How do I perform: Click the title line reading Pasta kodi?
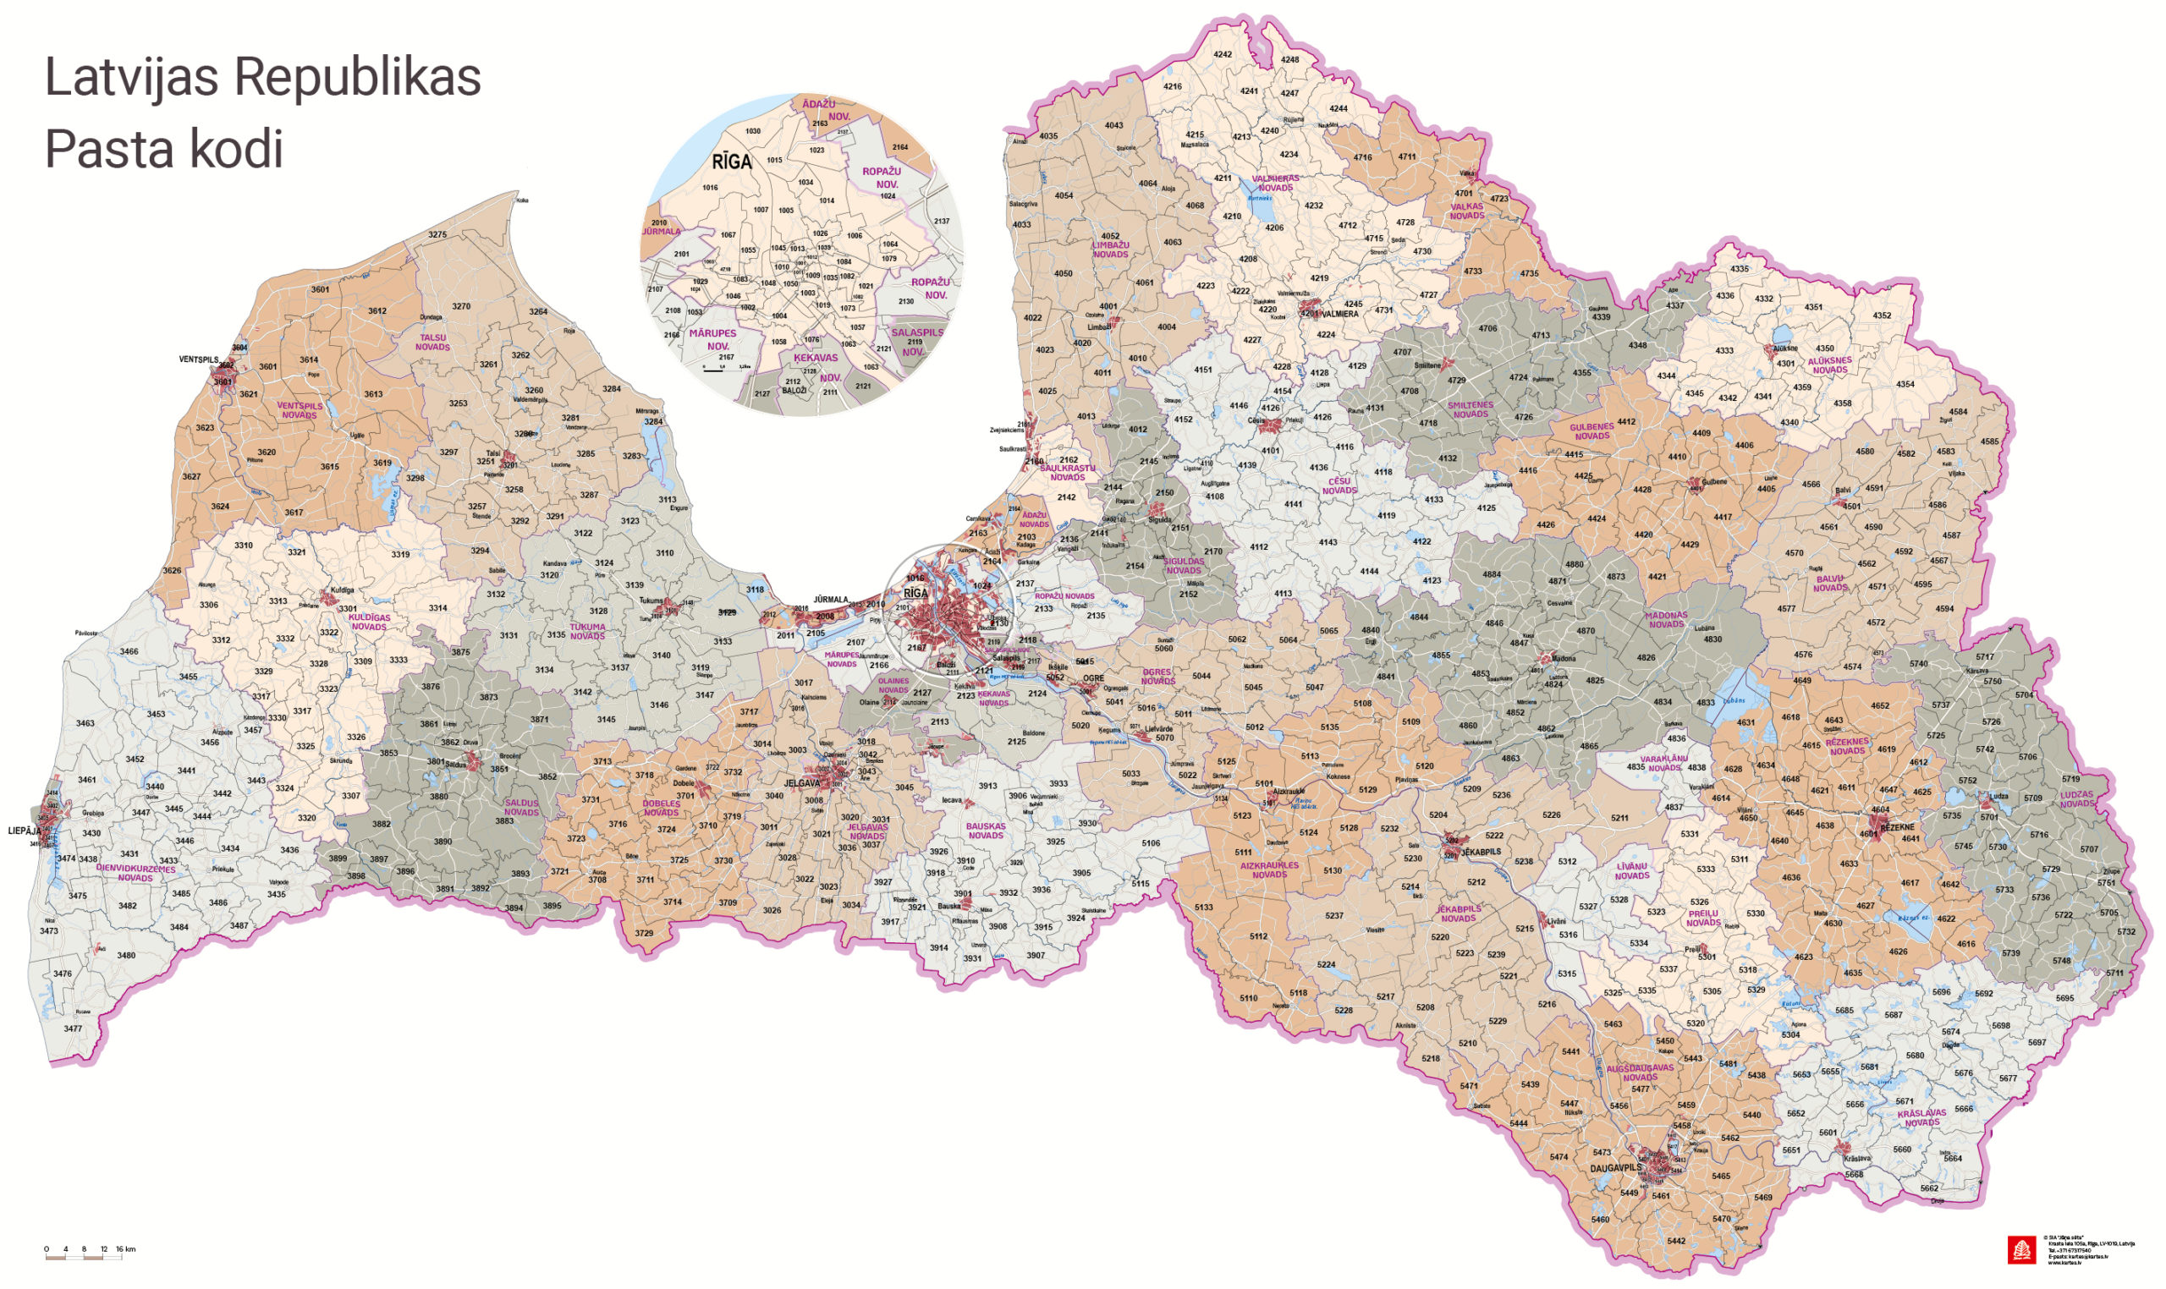tap(164, 149)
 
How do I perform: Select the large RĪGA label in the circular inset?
tap(732, 162)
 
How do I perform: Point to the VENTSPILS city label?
tap(199, 359)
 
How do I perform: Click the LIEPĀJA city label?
tap(25, 831)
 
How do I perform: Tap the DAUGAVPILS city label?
tap(1615, 1168)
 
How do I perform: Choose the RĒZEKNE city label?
tap(1898, 828)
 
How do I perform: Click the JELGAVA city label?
tap(801, 783)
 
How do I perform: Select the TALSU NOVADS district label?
tap(432, 343)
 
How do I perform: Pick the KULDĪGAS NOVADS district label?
tap(369, 622)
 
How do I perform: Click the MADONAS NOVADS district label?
tap(1666, 619)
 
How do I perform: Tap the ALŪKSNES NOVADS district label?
tap(1829, 365)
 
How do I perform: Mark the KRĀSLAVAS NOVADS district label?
tap(1921, 1118)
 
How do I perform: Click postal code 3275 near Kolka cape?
tap(437, 234)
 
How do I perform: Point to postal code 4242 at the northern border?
tap(1223, 54)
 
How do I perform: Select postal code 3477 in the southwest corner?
tap(73, 1028)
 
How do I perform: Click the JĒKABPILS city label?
tap(1481, 852)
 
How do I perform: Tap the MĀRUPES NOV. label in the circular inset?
tap(713, 339)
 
